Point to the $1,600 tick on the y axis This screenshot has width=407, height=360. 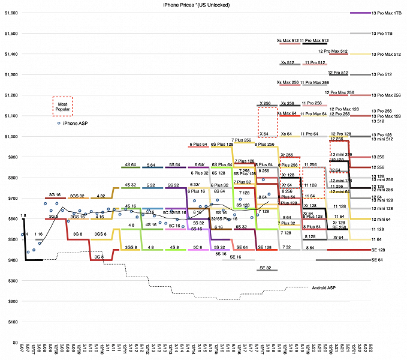[10, 13]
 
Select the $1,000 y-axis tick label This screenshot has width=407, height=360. [10, 136]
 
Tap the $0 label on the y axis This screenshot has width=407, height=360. [14, 343]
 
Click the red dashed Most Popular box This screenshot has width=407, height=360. [62, 106]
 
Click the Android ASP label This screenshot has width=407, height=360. [324, 288]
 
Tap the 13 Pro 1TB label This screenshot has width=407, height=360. [381, 33]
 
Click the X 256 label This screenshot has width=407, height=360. [265, 103]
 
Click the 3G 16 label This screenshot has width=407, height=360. [55, 195]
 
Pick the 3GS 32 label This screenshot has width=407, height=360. [76, 196]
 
